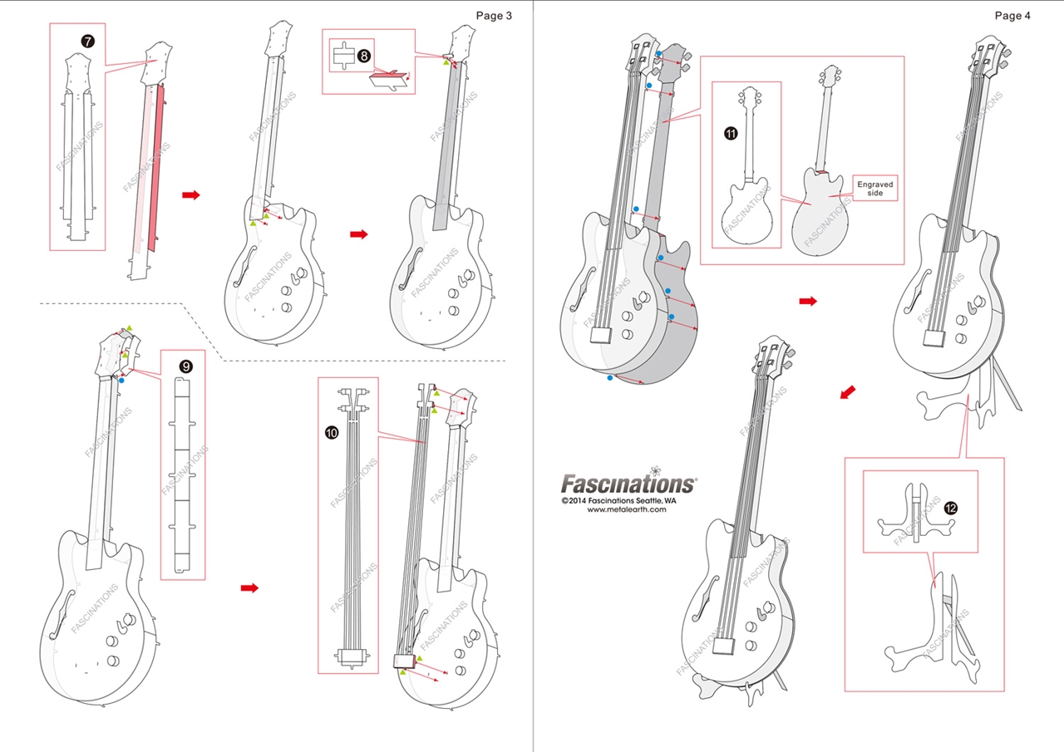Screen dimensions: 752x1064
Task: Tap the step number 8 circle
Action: (x=364, y=56)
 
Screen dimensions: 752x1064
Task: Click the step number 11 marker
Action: (x=730, y=132)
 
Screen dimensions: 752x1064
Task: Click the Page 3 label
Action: (x=494, y=16)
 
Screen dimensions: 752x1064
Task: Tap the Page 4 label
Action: (x=1012, y=16)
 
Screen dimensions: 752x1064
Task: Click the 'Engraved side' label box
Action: (x=874, y=188)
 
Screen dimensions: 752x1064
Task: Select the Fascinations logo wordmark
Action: (x=628, y=483)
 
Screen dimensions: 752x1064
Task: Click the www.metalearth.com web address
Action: (x=627, y=510)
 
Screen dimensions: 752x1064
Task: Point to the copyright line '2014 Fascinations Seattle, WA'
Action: (x=618, y=501)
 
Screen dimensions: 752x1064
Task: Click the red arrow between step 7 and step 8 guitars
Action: (x=358, y=234)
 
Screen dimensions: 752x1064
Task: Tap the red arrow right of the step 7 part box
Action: (x=190, y=194)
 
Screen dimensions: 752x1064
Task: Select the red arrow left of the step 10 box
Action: (x=249, y=588)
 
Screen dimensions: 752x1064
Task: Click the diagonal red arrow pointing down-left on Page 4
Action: (x=847, y=391)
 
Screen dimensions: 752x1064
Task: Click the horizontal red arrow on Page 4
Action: (x=807, y=301)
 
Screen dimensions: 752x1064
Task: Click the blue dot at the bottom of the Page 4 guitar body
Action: (x=610, y=378)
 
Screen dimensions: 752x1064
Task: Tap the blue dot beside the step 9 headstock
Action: (x=121, y=380)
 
